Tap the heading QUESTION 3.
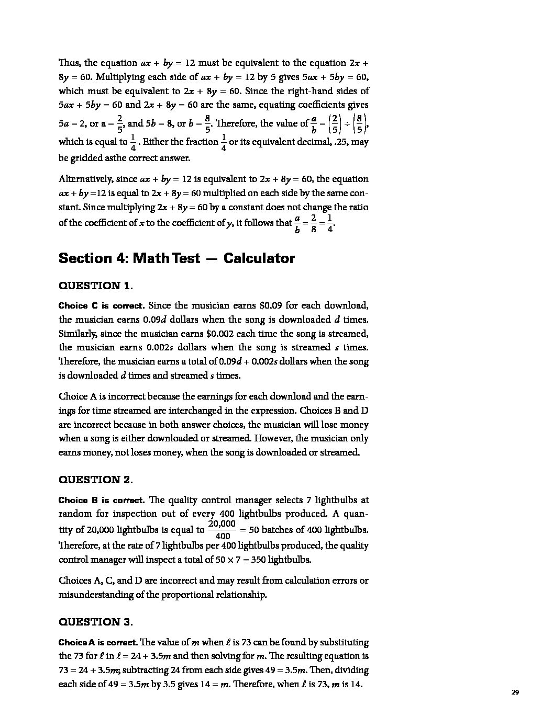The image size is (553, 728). (96, 622)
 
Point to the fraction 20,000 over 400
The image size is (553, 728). (222, 530)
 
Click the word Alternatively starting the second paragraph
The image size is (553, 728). (85, 179)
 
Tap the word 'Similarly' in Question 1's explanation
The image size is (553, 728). (78, 334)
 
